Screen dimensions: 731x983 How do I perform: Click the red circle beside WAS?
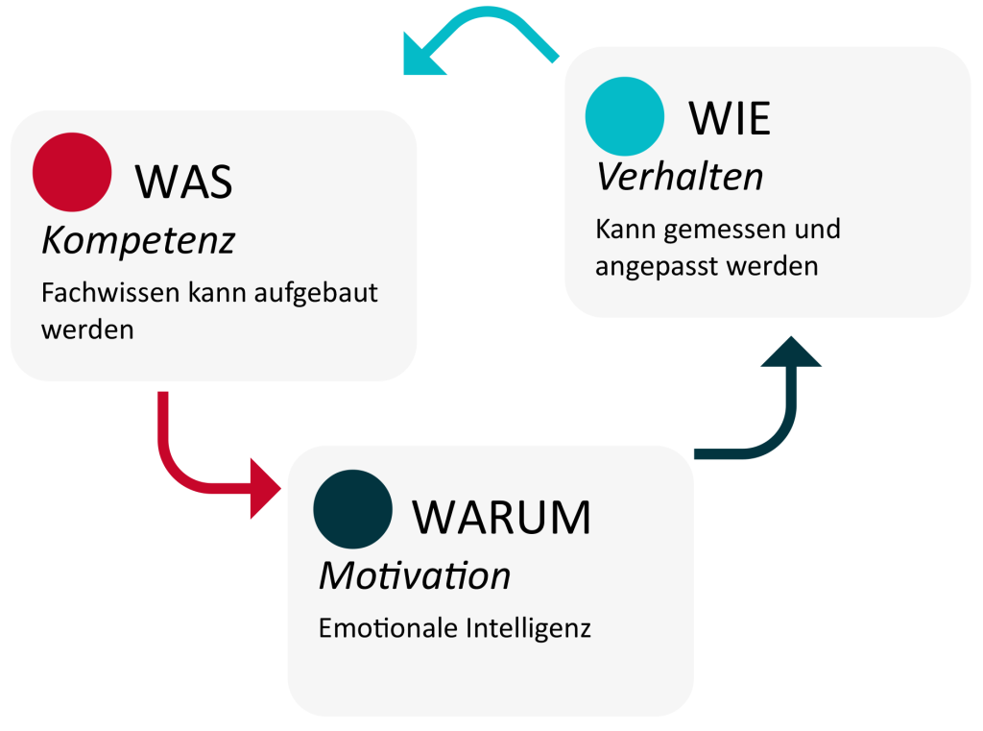pos(72,172)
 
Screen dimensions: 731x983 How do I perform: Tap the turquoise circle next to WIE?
pos(624,116)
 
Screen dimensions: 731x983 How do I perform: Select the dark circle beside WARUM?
pos(352,509)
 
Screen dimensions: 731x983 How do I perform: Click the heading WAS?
pos(183,181)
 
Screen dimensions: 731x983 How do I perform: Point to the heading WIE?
pos(730,119)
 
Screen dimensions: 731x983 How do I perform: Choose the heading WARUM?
pos(501,518)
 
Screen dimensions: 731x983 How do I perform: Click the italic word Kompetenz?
pos(138,241)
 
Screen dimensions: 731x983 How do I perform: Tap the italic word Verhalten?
pos(680,177)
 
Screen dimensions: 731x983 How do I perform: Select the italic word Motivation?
pos(414,576)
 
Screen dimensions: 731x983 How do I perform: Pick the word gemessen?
pos(718,231)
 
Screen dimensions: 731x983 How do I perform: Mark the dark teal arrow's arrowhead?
pos(791,352)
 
